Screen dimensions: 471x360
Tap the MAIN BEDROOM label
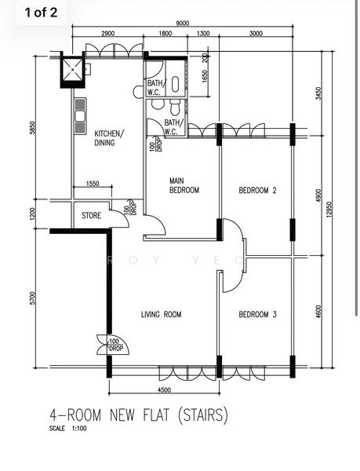184,185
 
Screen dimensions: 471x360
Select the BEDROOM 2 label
257,190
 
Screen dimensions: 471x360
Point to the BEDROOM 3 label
257,314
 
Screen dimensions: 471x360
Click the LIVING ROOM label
161,314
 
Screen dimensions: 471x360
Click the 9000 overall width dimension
182,24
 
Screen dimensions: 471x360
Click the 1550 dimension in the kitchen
92,183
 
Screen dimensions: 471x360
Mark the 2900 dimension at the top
108,34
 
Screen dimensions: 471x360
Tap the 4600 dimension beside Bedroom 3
317,311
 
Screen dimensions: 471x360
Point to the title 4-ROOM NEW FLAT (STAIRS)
139,413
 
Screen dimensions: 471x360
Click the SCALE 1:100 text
67,429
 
